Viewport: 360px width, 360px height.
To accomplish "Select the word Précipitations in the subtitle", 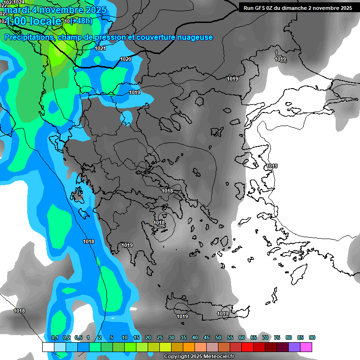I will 29,37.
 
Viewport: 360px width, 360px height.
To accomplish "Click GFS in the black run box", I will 261,8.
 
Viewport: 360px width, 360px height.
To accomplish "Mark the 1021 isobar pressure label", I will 100,48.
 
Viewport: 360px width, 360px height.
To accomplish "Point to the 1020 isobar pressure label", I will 126,59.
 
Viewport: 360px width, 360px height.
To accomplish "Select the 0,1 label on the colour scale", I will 54,338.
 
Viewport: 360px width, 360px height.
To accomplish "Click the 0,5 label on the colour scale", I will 78,338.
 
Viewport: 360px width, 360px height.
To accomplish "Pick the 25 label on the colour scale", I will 160,338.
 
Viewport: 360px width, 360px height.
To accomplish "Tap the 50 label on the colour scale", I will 218,338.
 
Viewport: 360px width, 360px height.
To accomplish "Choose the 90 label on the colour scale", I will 312,338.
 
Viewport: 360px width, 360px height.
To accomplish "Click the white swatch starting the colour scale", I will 48,347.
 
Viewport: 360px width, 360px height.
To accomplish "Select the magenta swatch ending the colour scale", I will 307,347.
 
